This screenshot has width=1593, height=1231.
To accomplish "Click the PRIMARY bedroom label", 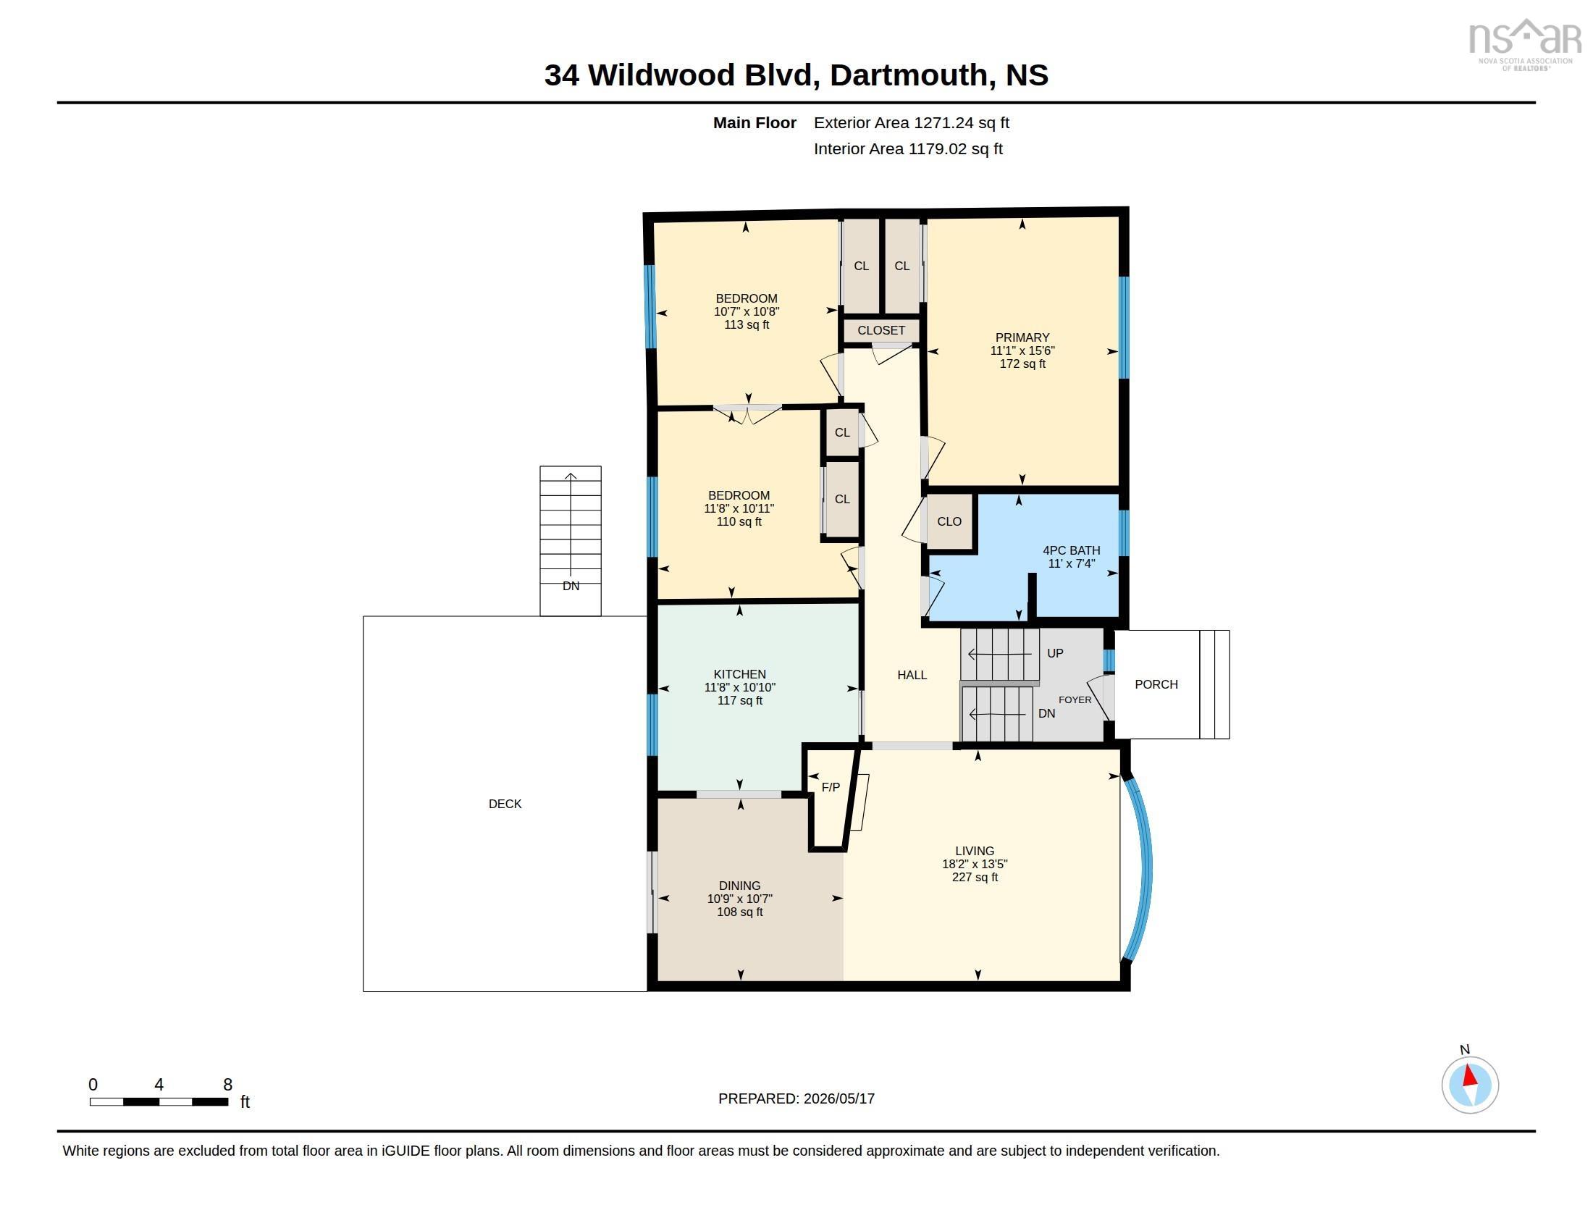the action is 1022,337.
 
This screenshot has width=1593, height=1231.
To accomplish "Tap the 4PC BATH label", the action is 1071,550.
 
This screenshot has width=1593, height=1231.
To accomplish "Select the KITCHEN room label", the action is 739,675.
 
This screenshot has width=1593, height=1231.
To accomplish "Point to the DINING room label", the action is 739,886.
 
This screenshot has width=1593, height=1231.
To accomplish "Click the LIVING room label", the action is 975,851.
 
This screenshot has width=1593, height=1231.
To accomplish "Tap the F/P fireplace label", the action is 831,788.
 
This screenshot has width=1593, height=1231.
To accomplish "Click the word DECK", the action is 505,804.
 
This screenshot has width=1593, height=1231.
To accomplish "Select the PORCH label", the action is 1156,684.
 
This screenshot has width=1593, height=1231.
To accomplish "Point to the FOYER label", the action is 1075,700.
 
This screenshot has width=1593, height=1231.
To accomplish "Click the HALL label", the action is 912,676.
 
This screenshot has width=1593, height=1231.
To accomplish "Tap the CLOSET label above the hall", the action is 881,330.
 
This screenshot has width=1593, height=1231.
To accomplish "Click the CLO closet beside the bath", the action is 949,521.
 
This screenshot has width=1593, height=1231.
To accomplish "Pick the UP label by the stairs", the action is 1055,653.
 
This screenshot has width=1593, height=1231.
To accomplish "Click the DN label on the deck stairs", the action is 571,587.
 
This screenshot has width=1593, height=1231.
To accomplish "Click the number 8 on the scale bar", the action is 227,1085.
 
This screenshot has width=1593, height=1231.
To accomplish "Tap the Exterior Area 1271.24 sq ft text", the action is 911,123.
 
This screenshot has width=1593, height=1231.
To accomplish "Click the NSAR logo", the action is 1524,43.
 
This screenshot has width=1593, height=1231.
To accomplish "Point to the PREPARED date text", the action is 796,1099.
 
